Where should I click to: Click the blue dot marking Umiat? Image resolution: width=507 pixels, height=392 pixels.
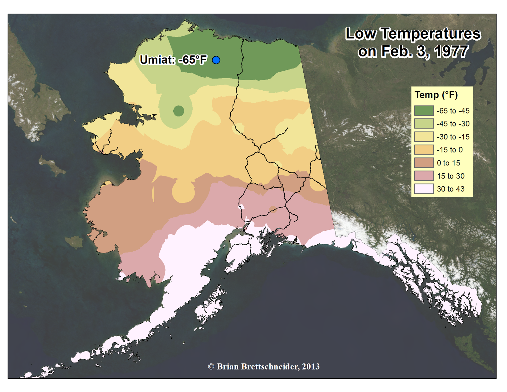point(216,60)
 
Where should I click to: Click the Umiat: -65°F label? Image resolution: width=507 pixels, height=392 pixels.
point(173,60)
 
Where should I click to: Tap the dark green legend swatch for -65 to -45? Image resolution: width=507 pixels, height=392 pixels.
point(424,111)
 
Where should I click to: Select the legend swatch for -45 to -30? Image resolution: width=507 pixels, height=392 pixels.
point(424,124)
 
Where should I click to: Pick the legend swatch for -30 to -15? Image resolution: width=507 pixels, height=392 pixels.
point(424,137)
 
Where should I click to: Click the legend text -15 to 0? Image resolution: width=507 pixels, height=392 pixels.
point(449,150)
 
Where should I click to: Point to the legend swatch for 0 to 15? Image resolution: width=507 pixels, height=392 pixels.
point(424,163)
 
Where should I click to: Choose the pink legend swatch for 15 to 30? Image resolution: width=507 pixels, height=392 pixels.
point(424,176)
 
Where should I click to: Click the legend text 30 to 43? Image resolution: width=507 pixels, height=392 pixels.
point(450,189)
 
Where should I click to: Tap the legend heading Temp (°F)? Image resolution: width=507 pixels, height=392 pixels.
point(436,95)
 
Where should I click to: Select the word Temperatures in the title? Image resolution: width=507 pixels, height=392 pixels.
point(430,34)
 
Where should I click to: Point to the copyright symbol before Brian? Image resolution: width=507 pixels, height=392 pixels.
point(211,367)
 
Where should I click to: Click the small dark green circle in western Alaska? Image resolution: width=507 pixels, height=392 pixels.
point(179,111)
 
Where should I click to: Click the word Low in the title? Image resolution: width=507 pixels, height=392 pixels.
point(361,34)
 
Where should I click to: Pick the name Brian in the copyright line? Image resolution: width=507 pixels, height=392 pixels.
point(228,367)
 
